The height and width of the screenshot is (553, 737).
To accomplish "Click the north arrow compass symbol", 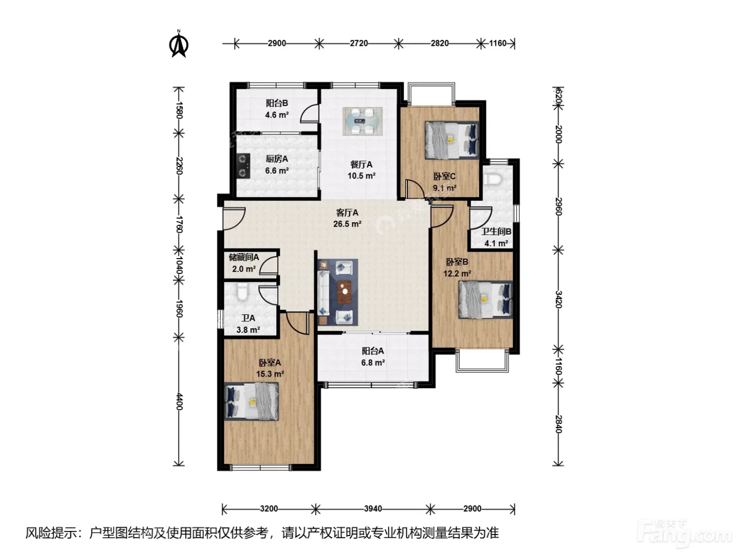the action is pyautogui.click(x=178, y=44).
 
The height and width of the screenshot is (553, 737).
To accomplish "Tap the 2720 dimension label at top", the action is pyautogui.click(x=358, y=43).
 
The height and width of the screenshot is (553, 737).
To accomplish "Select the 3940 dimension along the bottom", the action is pyautogui.click(x=373, y=509).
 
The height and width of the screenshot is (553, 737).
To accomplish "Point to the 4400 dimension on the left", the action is pyautogui.click(x=179, y=401).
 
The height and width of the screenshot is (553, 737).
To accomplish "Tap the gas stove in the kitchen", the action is pyautogui.click(x=243, y=166).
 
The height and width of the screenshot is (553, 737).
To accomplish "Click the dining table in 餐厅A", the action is pyautogui.click(x=362, y=121).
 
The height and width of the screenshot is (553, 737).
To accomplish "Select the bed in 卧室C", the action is pyautogui.click(x=452, y=140).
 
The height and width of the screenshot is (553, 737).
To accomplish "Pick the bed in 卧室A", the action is pyautogui.click(x=251, y=401).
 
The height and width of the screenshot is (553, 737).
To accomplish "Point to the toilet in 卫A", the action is pyautogui.click(x=242, y=292).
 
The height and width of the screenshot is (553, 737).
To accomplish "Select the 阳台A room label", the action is pyautogui.click(x=373, y=351).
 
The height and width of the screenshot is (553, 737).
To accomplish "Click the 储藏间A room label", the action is pyautogui.click(x=244, y=257).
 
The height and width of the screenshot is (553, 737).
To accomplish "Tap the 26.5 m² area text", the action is pyautogui.click(x=347, y=224).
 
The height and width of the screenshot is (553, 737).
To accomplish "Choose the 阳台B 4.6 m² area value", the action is pyautogui.click(x=277, y=115).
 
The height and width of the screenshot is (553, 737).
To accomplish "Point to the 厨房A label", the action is pyautogui.click(x=277, y=159).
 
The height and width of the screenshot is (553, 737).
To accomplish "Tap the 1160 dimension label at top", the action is pyautogui.click(x=497, y=43).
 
